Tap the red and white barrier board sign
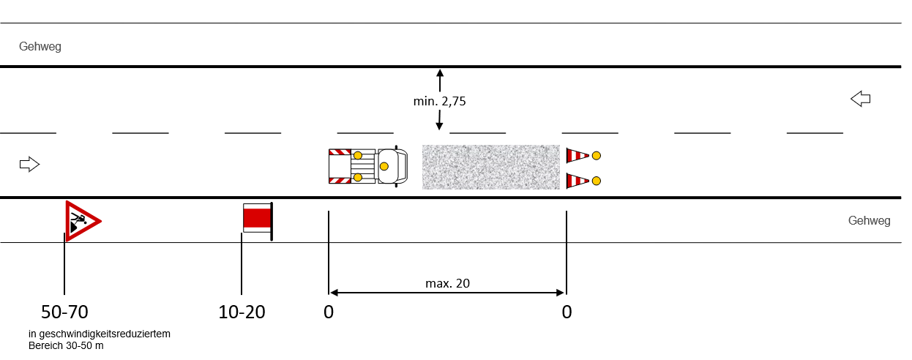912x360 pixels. click(258, 221)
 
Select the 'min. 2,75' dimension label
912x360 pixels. click(439, 101)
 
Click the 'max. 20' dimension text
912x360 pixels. click(447, 283)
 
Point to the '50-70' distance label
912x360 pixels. click(64, 312)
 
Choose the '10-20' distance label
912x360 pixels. click(242, 312)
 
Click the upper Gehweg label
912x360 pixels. click(40, 46)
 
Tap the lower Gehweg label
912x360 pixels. click(869, 221)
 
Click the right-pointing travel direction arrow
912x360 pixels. click(30, 165)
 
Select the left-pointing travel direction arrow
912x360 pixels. click(860, 99)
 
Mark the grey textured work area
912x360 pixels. click(490, 167)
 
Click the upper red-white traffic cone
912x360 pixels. click(578, 156)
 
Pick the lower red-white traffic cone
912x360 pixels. click(578, 181)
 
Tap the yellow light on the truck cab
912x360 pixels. click(384, 166)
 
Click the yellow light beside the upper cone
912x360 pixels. click(597, 156)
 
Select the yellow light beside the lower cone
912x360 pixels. click(597, 181)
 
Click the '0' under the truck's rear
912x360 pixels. click(329, 312)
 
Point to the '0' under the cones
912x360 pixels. click(567, 312)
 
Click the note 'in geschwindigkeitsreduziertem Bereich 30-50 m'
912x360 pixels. click(100, 340)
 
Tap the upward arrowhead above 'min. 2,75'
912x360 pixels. click(440, 73)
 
